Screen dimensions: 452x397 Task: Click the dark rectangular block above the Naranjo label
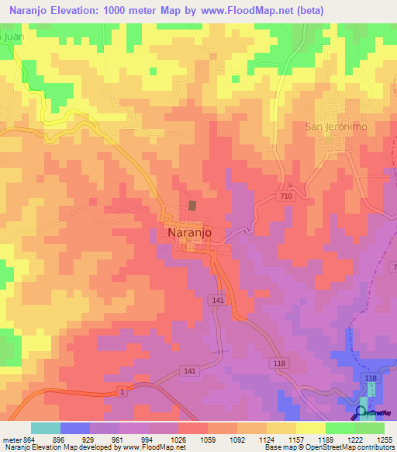click(x=192, y=206)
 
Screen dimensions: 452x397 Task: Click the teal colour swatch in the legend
click(x=46, y=427)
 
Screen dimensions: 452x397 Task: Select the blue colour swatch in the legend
click(x=75, y=427)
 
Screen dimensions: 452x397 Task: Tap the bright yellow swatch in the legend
click(x=310, y=427)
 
